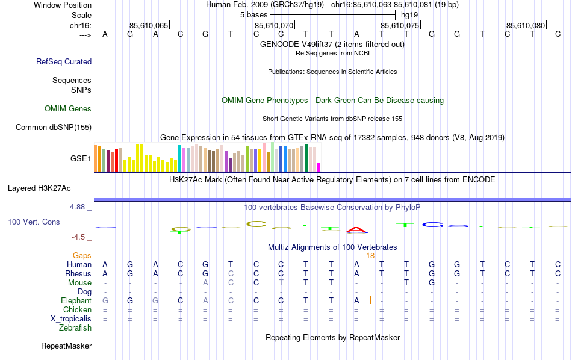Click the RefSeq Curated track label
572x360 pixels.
pos(64,61)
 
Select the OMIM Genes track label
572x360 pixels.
pos(68,109)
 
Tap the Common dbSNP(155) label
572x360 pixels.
pos(54,127)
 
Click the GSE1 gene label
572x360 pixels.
pos(81,159)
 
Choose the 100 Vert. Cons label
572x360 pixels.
pos(34,222)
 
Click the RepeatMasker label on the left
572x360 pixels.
pos(66,346)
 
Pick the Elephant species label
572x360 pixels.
pos(76,300)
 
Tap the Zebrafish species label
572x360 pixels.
pos(75,328)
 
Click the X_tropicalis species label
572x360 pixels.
pos(71,318)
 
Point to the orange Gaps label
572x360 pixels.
pos(82,256)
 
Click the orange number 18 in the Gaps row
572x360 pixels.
pos(370,256)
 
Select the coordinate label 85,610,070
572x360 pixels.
pos(274,25)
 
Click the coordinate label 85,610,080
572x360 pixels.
pos(526,25)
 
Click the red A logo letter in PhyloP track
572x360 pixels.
pos(357,229)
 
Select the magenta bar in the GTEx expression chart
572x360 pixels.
pos(319,167)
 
